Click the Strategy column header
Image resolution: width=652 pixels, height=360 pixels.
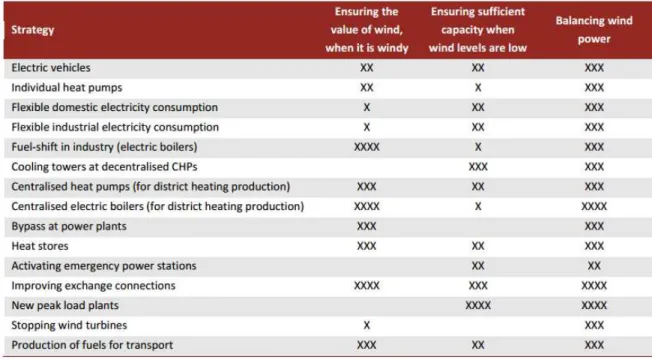tap(32, 30)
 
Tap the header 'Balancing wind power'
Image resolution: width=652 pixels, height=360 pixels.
tap(594, 30)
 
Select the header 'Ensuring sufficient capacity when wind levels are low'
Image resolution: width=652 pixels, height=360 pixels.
tap(478, 30)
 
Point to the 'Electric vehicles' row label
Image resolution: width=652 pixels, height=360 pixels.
tap(51, 68)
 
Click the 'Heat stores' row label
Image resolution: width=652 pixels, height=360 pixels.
tap(40, 246)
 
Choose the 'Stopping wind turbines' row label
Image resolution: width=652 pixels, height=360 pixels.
tap(69, 325)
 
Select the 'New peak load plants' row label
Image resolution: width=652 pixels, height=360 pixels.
tap(65, 306)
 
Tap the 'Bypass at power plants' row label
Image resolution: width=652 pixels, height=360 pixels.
tap(69, 227)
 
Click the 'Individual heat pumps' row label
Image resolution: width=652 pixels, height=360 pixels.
tap(67, 88)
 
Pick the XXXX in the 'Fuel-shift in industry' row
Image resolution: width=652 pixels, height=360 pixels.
tap(366, 147)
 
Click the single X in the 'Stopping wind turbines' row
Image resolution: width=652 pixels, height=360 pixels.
tap(366, 325)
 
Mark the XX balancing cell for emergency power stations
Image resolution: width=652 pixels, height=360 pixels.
tap(594, 266)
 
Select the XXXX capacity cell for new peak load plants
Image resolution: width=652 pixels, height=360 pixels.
tap(478, 306)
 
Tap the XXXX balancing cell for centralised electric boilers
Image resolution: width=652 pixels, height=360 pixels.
tap(594, 207)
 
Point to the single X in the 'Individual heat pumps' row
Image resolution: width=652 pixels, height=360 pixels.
tap(478, 88)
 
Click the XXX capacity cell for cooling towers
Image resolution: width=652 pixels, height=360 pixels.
tap(478, 167)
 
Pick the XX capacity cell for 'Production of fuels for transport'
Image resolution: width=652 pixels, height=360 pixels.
tap(478, 345)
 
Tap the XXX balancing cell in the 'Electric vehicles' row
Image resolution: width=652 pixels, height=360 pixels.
tap(594, 68)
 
